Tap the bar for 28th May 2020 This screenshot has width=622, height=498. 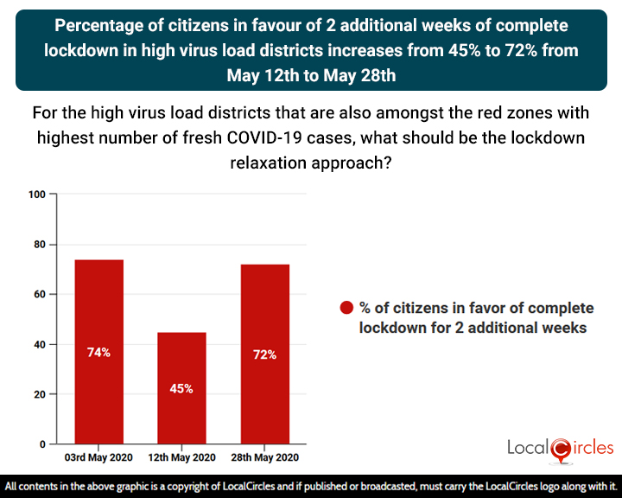pos(264,354)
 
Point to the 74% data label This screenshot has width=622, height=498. pos(98,353)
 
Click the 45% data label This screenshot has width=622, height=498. pos(181,389)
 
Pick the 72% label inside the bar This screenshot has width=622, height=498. pos(264,355)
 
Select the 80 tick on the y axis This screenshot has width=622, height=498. pos(39,245)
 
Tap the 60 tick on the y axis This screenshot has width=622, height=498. pos(39,295)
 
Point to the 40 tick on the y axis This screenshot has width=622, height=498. pos(39,345)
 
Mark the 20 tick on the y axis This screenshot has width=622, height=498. pos(39,395)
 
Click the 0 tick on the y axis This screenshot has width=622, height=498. pos(41,444)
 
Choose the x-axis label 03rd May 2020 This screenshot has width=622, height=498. pos(98,457)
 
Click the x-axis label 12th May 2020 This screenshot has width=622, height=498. pos(181,457)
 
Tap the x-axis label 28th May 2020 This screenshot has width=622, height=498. pos(264,457)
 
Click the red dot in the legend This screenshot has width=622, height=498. pos(347,309)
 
